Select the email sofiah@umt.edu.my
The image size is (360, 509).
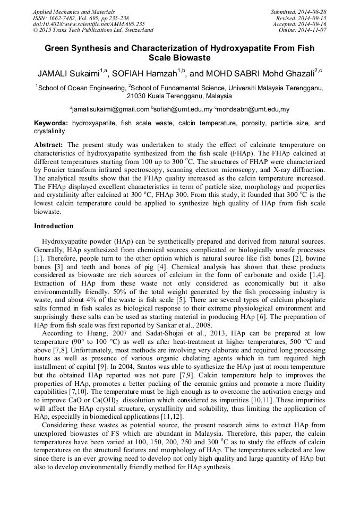(183, 109)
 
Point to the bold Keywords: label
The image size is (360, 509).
(51, 123)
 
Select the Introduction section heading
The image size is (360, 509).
(54, 226)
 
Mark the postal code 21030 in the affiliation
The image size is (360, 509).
(136, 97)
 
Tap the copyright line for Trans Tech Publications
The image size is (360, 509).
(93, 31)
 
